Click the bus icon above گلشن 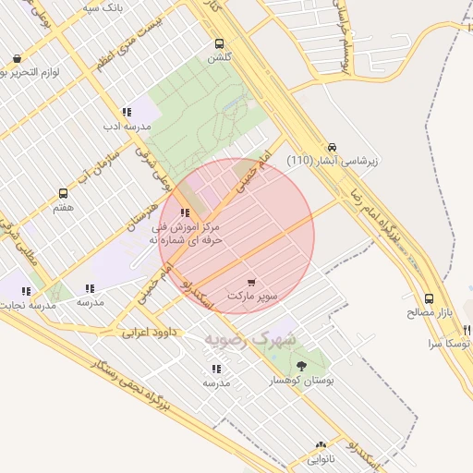tap(219, 42)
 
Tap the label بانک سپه tap(103, 7)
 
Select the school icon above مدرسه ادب tap(127, 112)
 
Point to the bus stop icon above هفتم tap(64, 194)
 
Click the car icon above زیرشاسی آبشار tap(332, 148)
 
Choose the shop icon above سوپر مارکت tap(252, 281)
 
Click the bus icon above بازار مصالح tap(429, 299)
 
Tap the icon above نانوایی tap(321, 445)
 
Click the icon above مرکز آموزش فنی tap(186, 213)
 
